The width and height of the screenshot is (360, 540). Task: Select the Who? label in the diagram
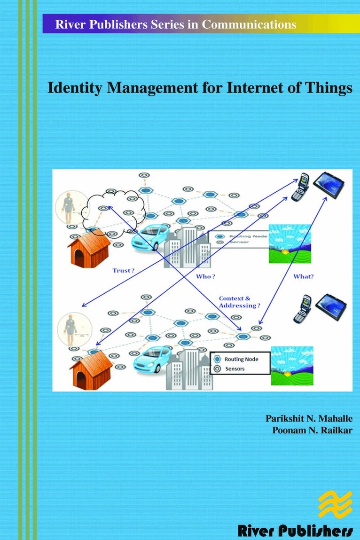[x=203, y=276]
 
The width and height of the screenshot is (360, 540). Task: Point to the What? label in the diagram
[x=303, y=276]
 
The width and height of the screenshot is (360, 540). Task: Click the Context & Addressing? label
[x=239, y=302]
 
